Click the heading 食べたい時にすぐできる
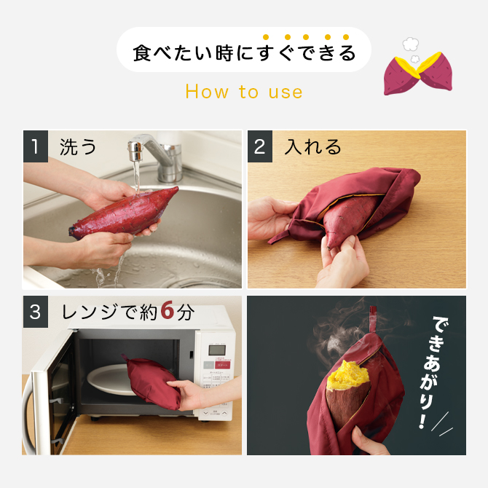click(243, 52)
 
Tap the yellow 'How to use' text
click(243, 92)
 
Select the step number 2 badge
click(260, 148)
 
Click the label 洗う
click(78, 148)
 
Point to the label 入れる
click(312, 148)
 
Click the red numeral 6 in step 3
click(167, 312)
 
